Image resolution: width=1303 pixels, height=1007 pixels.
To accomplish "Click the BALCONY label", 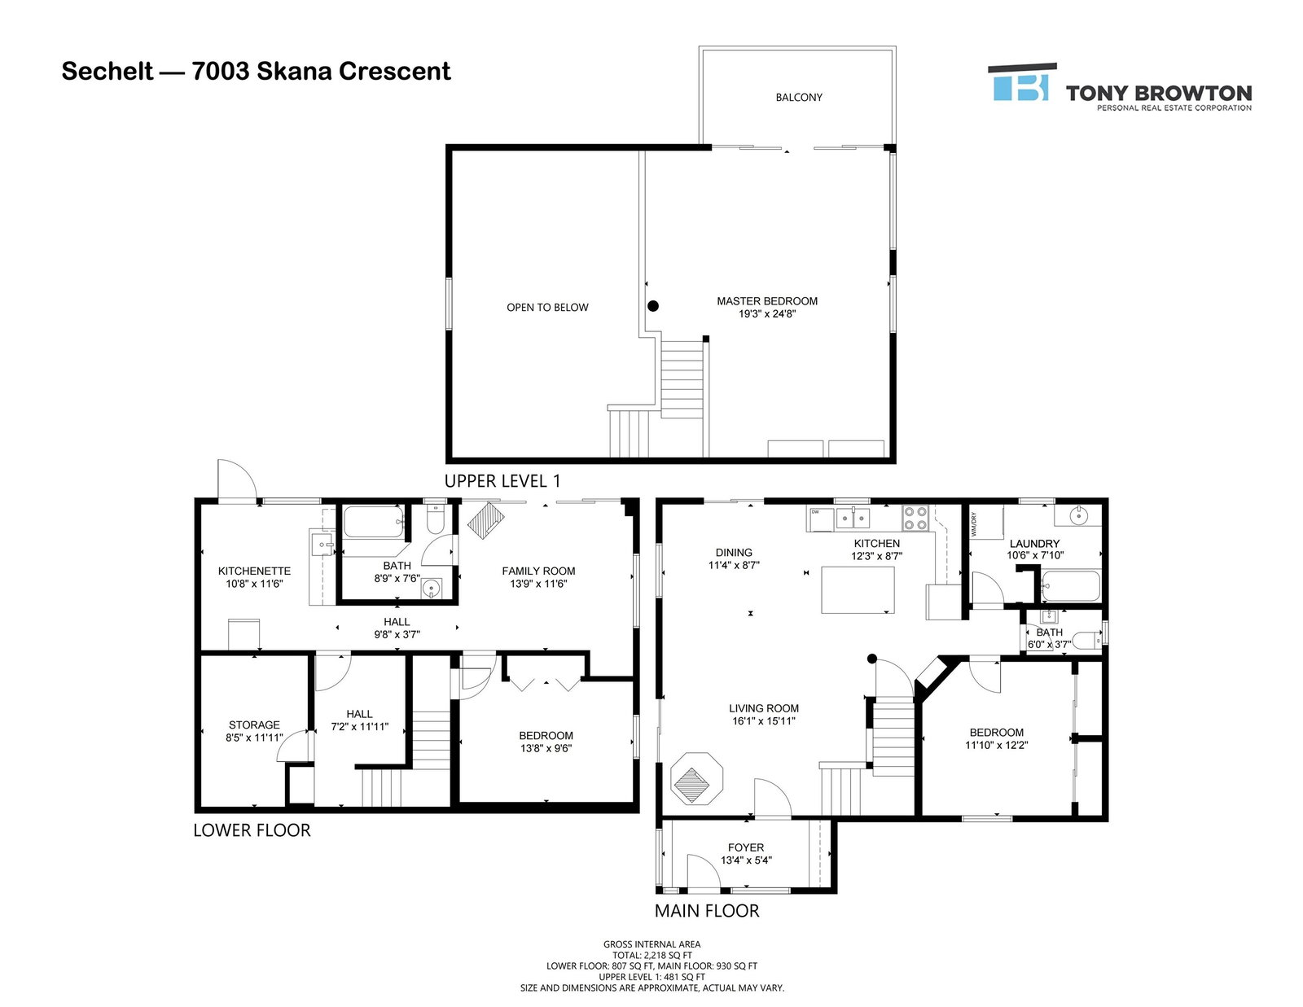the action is [799, 97].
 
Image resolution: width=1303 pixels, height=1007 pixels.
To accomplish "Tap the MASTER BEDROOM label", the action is [767, 301].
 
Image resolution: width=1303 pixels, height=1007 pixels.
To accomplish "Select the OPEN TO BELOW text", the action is [547, 308].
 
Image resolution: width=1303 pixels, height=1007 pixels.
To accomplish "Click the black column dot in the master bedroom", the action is [654, 306].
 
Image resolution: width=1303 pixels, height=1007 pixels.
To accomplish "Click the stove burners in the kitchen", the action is [915, 519].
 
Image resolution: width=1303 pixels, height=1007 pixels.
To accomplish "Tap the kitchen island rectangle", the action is [858, 590].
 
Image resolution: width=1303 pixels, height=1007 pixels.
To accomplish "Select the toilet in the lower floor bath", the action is [435, 519].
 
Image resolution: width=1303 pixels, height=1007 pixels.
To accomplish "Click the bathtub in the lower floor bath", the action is [374, 523].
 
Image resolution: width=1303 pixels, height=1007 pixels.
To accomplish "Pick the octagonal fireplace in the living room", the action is [696, 778].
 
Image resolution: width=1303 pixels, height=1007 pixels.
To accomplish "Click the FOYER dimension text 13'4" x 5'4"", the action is [746, 860].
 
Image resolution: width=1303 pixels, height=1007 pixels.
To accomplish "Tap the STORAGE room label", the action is [254, 725].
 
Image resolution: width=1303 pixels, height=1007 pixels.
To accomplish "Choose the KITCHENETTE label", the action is [254, 571].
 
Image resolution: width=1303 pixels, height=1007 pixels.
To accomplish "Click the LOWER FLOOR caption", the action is [252, 830].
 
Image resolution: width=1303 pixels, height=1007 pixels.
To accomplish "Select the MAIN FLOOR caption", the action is [707, 910].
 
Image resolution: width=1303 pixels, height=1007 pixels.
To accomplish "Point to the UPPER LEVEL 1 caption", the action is [502, 481].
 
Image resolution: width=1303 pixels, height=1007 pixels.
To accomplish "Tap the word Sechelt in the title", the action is [107, 72].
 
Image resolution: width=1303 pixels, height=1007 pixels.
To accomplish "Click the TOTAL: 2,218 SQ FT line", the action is [651, 956].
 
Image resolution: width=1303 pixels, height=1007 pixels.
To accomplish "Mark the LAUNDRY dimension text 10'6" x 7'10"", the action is [1035, 555].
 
